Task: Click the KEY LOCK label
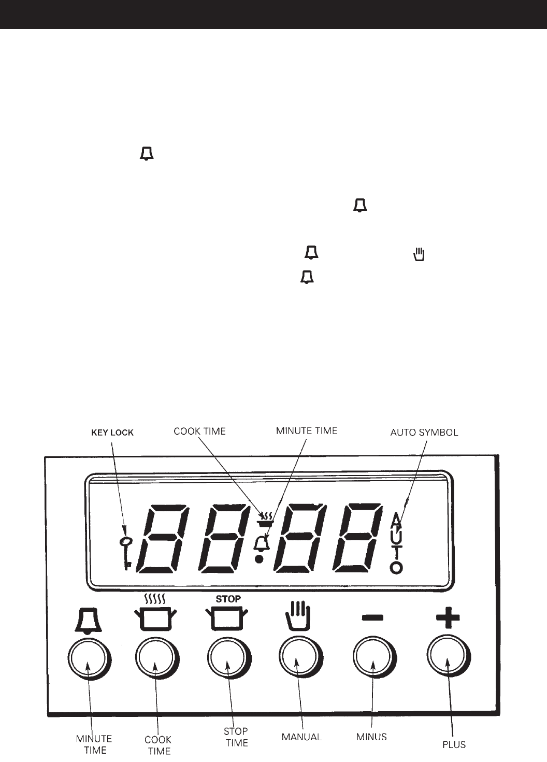click(112, 433)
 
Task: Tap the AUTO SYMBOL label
click(424, 432)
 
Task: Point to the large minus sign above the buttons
click(372, 617)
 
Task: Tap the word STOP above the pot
click(228, 599)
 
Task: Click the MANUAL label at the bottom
click(301, 737)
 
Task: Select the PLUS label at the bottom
click(454, 744)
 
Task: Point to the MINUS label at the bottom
click(371, 736)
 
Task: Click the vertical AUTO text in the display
click(396, 543)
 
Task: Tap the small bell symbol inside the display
click(262, 543)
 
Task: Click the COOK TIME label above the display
click(199, 431)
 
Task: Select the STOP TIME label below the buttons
click(236, 737)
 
